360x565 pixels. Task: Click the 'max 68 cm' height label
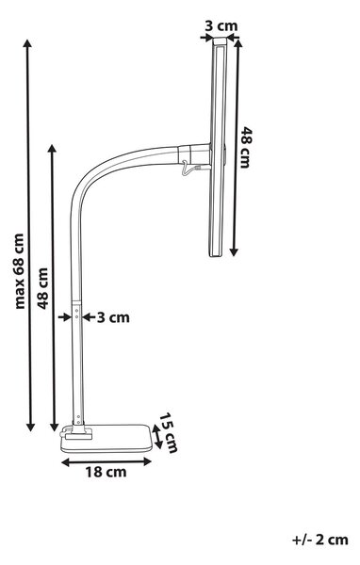click(20, 271)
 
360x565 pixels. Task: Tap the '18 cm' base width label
click(106, 472)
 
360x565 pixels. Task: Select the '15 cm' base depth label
click(169, 432)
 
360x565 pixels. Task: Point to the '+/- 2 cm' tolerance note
click(320, 540)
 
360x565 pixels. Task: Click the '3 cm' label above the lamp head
click(221, 26)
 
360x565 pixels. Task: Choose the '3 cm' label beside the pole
click(113, 317)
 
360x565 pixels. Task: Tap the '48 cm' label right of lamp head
click(246, 148)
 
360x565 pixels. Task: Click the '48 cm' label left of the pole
click(43, 288)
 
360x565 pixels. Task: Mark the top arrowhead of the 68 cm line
click(27, 44)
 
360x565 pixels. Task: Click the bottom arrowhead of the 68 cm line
click(31, 427)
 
